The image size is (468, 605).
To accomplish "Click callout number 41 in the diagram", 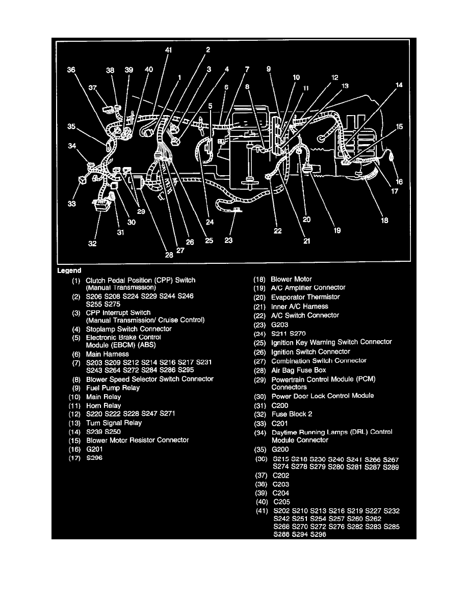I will (x=168, y=50).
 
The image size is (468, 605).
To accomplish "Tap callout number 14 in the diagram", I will (x=399, y=85).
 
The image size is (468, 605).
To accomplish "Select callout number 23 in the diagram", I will (x=228, y=240).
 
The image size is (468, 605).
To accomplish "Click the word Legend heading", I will (x=69, y=270).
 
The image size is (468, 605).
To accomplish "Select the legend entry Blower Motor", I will (x=291, y=279).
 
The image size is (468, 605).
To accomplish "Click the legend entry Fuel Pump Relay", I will (x=113, y=388).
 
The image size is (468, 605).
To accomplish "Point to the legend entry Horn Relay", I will (x=103, y=405).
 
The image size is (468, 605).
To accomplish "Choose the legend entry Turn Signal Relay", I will (x=114, y=423).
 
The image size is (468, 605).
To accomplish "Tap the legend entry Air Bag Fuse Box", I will (x=298, y=370).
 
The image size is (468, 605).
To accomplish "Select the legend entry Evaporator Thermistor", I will (x=305, y=297).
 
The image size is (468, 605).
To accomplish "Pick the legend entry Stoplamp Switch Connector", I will (x=128, y=329).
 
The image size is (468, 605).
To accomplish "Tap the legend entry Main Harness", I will (x=107, y=354).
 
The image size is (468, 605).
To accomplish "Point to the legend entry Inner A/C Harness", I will (x=299, y=306).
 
